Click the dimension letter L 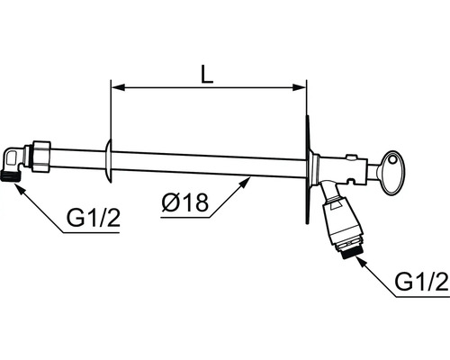coord(207,74)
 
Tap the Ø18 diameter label coord(184,202)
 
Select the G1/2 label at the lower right coord(421,282)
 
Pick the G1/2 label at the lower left coord(94,218)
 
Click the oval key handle coord(393,172)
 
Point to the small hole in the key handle coord(392,159)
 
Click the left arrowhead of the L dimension coord(118,87)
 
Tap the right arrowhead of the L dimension coord(300,87)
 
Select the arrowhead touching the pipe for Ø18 coord(245,182)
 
